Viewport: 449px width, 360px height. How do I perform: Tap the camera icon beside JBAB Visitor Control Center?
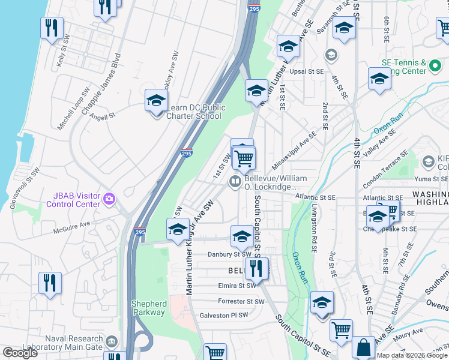(x=109, y=198)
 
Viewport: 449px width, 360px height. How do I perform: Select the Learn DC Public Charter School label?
(x=195, y=112)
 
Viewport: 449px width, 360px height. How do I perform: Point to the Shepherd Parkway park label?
(x=148, y=308)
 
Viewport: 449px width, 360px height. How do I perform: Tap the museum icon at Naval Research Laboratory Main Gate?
(x=111, y=342)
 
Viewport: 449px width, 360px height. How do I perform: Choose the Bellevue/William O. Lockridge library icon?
(x=235, y=182)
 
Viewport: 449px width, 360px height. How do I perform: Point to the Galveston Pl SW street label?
(x=223, y=315)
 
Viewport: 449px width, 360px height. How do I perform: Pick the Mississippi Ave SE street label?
(x=294, y=151)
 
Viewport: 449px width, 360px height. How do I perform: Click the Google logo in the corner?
(x=20, y=353)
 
